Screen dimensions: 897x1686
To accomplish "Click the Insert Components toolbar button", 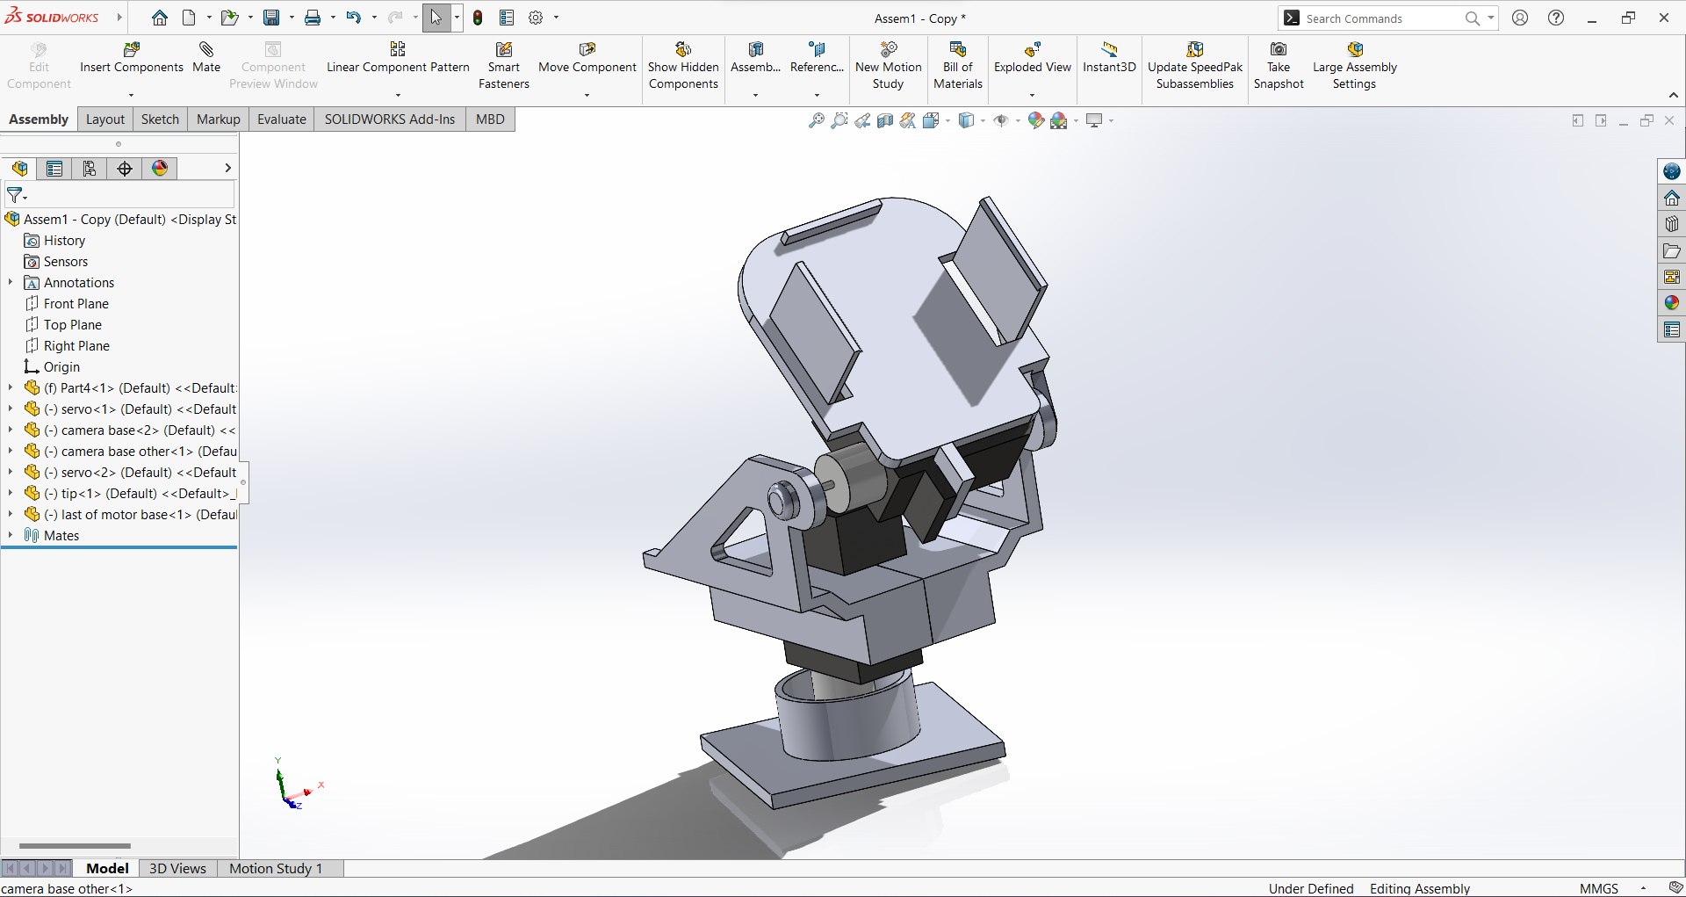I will [132, 58].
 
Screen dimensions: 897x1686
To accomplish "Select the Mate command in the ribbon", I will [206, 58].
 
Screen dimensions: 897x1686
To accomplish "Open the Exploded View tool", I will [1032, 58].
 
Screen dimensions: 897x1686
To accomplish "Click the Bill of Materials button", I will [957, 65].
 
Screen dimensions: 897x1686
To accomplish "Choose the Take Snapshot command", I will [1279, 65].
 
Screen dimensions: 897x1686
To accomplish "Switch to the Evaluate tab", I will [281, 119].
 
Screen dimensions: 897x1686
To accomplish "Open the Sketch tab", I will [160, 119].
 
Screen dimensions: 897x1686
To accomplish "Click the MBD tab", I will [490, 119].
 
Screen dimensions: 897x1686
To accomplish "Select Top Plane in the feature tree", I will [72, 325].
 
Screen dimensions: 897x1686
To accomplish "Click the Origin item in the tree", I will [61, 367].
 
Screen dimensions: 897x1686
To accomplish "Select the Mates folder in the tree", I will [61, 536].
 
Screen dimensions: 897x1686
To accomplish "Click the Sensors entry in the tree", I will [66, 262].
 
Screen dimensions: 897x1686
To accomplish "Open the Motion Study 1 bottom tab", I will [276, 868].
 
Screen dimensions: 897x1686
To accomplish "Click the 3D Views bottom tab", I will [177, 868].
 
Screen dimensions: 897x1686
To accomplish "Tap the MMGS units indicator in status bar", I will [1598, 888].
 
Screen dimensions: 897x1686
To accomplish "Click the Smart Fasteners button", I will [504, 65].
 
